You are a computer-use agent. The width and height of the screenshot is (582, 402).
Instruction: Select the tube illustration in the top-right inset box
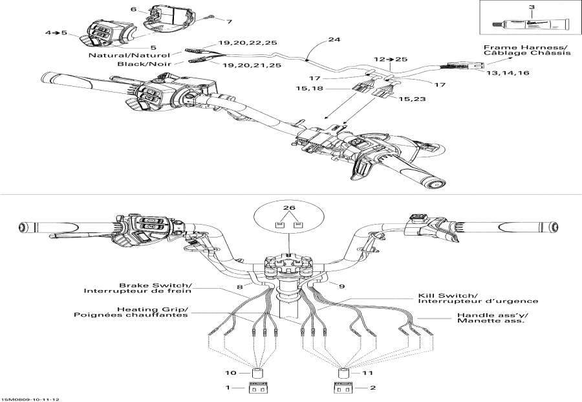pos(528,25)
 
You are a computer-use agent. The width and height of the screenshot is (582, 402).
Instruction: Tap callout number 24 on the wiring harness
pos(334,39)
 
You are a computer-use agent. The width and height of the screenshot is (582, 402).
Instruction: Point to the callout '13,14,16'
pos(502,74)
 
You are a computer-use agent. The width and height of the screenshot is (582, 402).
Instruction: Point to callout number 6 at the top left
pos(133,10)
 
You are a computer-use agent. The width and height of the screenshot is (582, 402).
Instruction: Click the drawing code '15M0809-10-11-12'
pos(27,398)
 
